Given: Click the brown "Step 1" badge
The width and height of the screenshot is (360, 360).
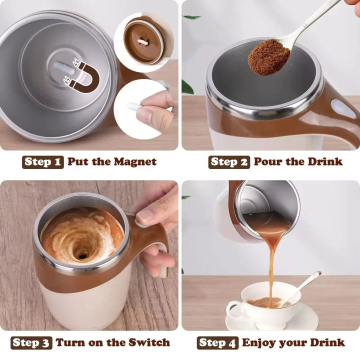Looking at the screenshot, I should click(x=43, y=162).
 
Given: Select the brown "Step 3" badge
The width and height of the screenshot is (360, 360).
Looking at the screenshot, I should click(x=31, y=342).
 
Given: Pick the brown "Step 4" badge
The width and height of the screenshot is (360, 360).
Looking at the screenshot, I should click(x=217, y=342).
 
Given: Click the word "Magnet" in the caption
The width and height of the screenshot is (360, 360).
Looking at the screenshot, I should click(x=135, y=162).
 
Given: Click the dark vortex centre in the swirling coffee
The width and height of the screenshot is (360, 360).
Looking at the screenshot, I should click(x=81, y=255).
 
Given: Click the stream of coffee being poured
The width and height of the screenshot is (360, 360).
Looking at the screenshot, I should click(x=272, y=265).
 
